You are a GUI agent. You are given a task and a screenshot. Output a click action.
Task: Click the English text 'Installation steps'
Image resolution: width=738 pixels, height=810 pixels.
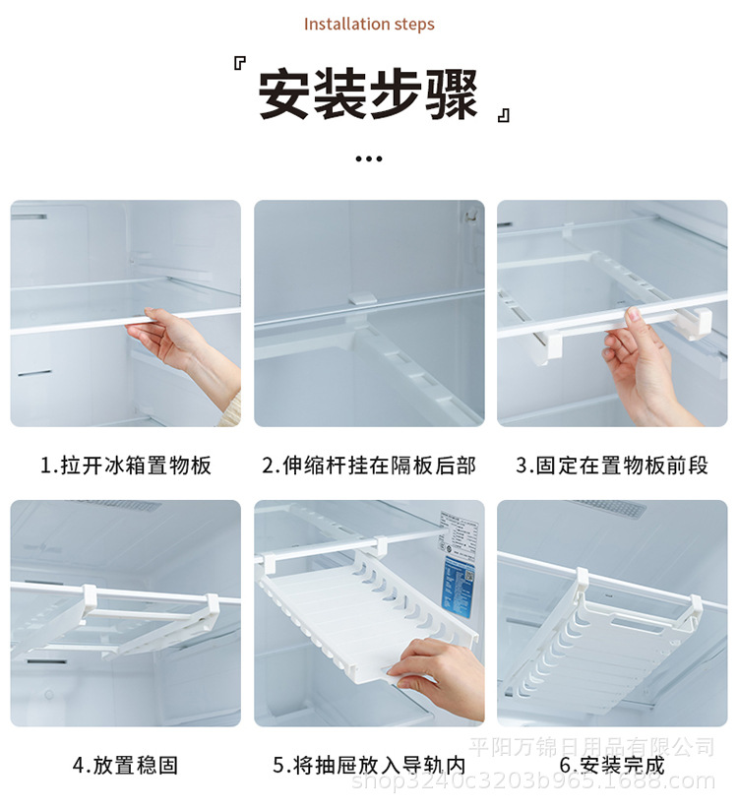pos(369,24)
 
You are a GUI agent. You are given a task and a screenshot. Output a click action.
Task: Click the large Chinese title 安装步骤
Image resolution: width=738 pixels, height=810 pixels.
pos(368,95)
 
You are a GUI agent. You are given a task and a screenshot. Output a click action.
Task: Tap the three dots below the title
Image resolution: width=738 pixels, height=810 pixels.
pos(368,158)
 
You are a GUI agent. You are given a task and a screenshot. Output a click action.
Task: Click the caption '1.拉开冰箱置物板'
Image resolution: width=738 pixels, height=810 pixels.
pos(126,465)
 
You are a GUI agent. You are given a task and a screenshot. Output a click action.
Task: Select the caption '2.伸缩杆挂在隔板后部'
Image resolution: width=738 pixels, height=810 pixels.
pos(369,465)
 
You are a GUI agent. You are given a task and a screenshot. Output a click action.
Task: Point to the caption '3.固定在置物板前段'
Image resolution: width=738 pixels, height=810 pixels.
pos(612,465)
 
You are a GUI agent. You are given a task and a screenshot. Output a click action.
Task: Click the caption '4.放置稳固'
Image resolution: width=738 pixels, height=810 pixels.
pos(126,765)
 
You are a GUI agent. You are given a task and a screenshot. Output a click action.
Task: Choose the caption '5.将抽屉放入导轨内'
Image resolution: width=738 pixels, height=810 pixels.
pos(369,765)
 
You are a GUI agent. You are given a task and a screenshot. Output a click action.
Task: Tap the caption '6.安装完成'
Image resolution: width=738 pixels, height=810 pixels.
pos(612,765)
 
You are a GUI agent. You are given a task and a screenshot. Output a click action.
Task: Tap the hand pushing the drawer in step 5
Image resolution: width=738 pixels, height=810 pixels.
pos(438,669)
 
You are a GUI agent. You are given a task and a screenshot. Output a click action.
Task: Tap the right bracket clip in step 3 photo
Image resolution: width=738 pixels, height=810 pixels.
pos(701,321)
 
